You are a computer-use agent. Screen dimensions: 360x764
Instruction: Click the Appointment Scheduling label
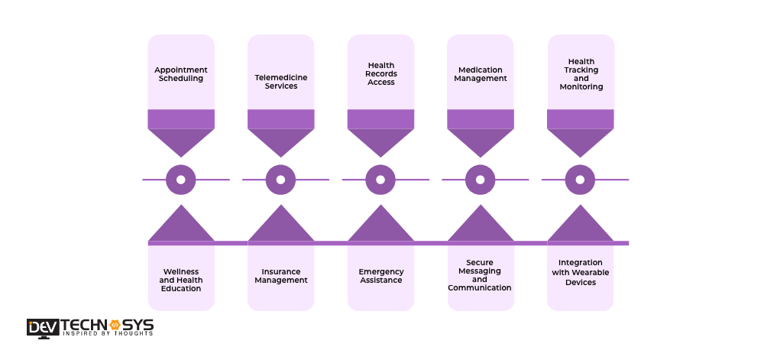[181, 74]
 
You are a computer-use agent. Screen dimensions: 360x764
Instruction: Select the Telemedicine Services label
[280, 82]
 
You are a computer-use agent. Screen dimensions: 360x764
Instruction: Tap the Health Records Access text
[380, 74]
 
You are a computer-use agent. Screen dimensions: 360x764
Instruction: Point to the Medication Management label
[480, 74]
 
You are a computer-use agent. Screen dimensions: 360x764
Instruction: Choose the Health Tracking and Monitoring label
[581, 74]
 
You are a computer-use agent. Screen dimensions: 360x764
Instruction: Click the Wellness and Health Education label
[181, 280]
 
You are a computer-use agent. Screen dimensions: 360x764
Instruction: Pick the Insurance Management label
[280, 276]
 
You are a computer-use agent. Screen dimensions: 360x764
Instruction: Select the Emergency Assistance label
[380, 276]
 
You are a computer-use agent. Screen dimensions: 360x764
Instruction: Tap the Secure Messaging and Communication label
[480, 275]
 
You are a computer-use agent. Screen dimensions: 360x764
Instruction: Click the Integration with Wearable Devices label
[581, 272]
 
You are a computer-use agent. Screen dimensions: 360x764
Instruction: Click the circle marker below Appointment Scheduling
[181, 180]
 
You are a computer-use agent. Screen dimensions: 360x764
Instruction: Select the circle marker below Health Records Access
[380, 180]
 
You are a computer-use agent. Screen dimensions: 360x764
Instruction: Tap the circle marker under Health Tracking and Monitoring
[580, 180]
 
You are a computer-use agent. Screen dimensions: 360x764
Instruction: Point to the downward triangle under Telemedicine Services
[280, 141]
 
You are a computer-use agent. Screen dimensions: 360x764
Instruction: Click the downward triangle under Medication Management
[480, 141]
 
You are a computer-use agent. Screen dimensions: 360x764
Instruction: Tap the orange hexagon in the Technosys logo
[116, 325]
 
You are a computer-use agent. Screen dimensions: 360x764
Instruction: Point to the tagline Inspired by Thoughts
[108, 334]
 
